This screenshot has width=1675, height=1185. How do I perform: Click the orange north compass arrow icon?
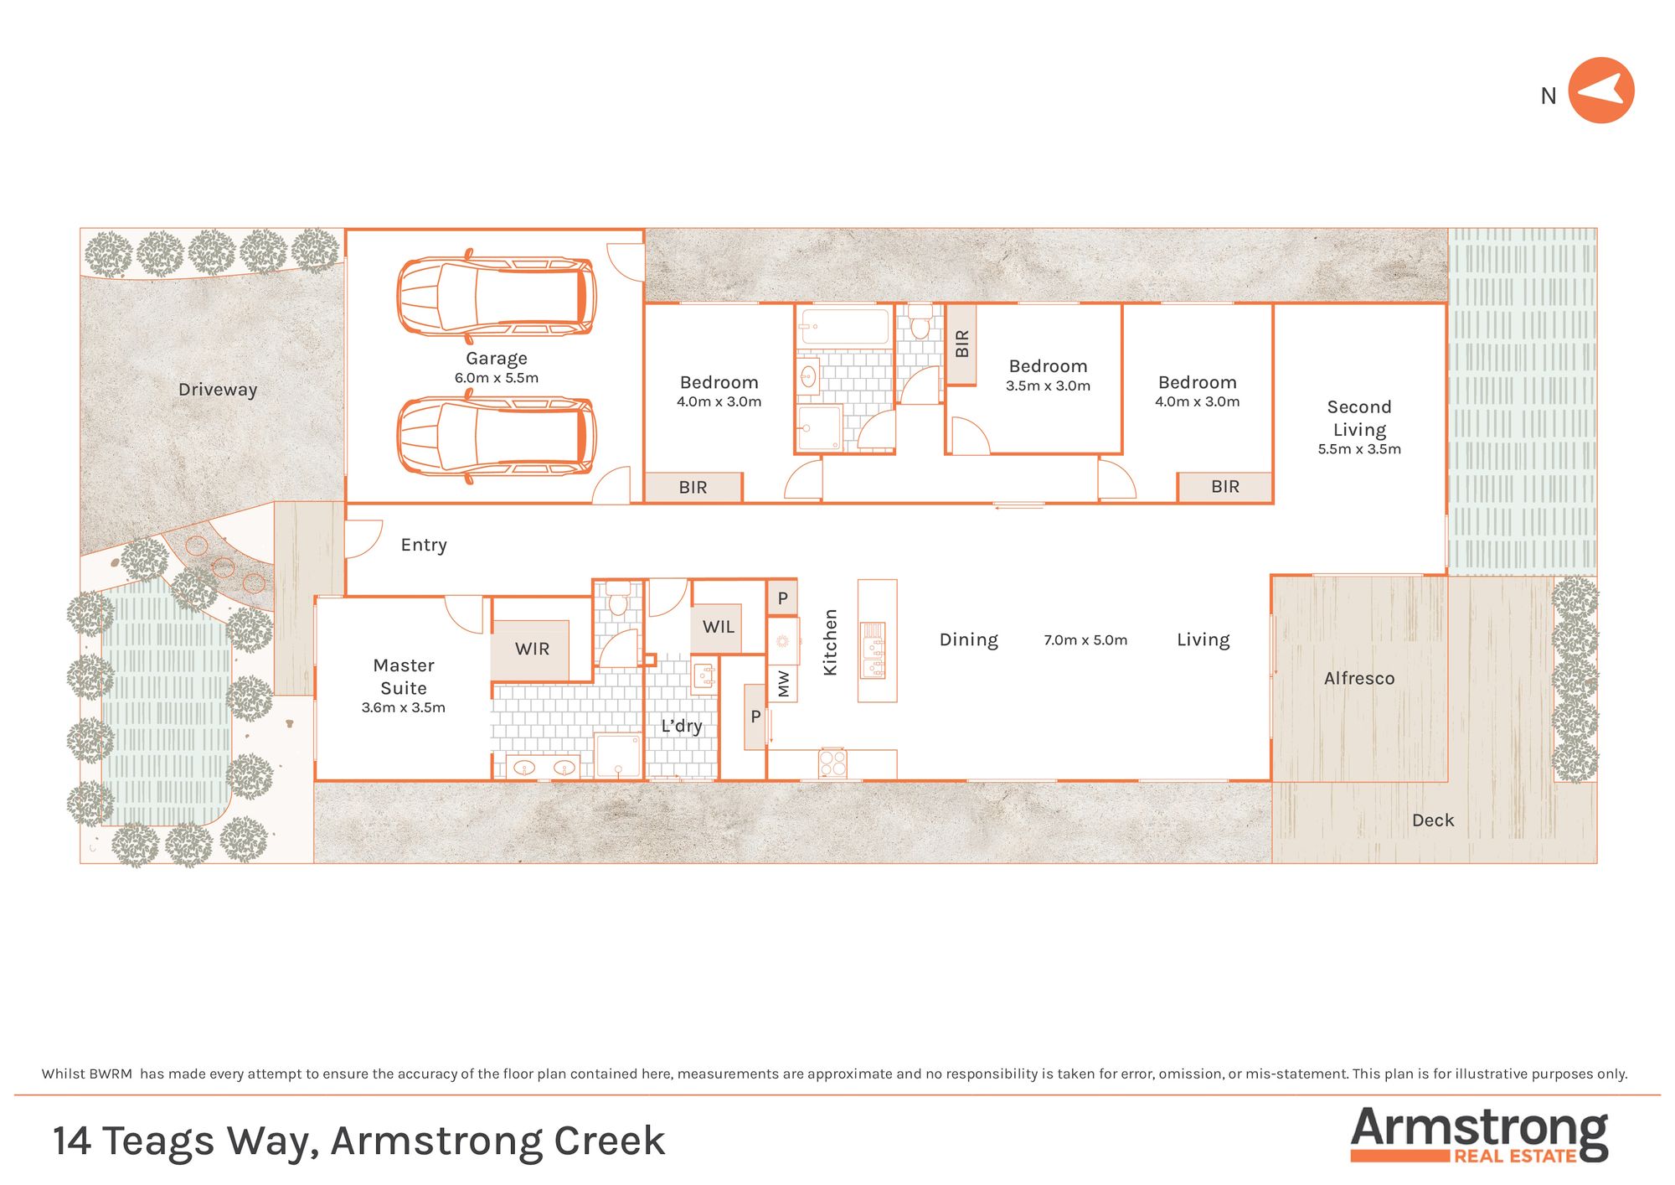point(1600,91)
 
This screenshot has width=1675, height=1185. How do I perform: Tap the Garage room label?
point(497,359)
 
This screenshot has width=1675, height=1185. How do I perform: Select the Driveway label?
point(218,390)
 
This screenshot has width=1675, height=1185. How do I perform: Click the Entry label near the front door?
point(424,545)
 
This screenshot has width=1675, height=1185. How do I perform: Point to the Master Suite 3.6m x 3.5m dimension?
point(404,707)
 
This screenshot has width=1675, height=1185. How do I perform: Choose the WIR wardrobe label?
point(533,649)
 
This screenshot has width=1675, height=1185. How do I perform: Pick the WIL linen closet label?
point(719,627)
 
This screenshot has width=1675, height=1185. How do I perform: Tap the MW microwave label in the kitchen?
point(784,684)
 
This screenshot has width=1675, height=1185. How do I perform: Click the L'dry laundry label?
point(682,726)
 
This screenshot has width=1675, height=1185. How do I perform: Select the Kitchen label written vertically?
point(830,642)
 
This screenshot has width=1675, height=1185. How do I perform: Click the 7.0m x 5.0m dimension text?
point(1085,640)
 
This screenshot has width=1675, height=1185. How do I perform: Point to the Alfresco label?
point(1359,678)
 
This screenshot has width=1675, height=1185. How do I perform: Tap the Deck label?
point(1433,820)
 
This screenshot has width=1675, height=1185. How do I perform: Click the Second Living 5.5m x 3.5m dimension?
point(1359,449)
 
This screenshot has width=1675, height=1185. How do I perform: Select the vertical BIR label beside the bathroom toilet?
point(961,344)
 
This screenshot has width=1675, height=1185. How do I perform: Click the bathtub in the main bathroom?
point(844,326)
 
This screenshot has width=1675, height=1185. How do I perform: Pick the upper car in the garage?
point(497,297)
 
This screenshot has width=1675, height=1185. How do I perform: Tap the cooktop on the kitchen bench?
point(833,763)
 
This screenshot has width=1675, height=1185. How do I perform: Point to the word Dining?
point(969,640)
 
